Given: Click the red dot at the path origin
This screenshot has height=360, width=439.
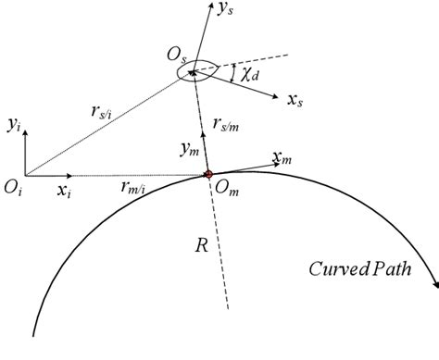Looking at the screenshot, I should coord(208,174).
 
